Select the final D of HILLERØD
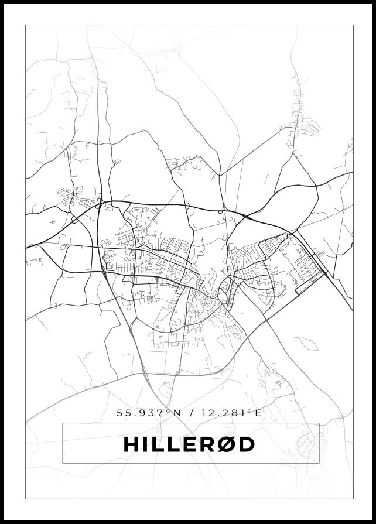coord(247,444)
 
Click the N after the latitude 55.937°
coord(177,413)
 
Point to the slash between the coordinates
coord(190,413)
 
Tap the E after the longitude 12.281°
coord(257,413)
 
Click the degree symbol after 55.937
coord(168,410)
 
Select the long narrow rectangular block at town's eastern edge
coord(310,283)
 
